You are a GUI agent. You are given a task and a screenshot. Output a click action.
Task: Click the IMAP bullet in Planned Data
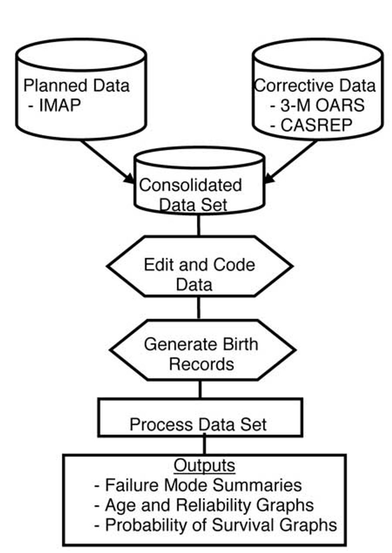tap(55, 105)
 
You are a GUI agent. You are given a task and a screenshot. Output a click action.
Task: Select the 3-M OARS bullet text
tap(317, 105)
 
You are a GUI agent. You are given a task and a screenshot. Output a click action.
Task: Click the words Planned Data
tap(76, 86)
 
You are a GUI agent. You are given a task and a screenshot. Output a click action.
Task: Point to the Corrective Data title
tap(315, 86)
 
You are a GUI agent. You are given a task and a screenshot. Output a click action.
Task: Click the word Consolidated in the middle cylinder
tap(190, 185)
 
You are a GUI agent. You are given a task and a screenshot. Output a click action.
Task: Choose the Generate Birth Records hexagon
tap(202, 350)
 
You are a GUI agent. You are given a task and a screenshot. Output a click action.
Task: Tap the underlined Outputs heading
tap(204, 465)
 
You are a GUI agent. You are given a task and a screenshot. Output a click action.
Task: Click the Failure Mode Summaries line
tap(198, 485)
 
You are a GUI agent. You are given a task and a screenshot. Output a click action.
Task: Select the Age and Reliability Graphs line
tap(204, 505)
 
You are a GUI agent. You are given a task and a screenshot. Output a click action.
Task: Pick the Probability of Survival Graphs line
tap(216, 525)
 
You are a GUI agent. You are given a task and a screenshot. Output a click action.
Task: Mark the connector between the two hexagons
tap(199, 308)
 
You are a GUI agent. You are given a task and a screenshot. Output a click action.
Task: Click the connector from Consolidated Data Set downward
tap(198, 225)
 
